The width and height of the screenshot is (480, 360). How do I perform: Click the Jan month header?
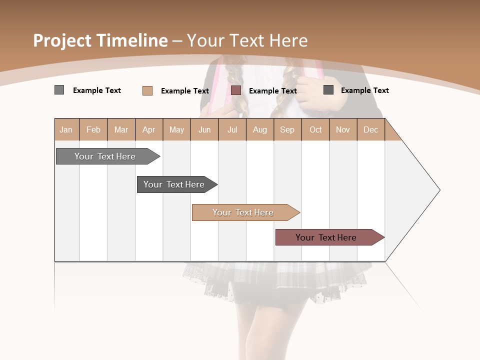tap(66, 129)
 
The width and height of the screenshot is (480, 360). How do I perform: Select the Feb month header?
tap(93, 129)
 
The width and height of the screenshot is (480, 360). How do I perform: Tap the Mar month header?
tap(121, 129)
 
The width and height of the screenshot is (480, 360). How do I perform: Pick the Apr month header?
tap(149, 129)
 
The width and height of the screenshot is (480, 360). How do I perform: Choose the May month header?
tap(176, 129)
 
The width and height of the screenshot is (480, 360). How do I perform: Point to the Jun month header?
tap(204, 129)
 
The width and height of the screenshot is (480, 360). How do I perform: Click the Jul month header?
tap(232, 129)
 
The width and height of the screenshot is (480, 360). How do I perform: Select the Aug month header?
tap(260, 129)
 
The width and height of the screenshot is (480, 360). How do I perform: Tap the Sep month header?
tap(287, 129)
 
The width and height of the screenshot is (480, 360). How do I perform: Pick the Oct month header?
tap(315, 129)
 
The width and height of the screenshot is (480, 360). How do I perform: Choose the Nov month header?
tap(343, 129)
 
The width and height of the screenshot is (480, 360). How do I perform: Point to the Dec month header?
tap(371, 129)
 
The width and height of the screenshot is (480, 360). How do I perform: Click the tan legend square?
tap(147, 90)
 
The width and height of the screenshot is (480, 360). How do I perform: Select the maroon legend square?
tap(236, 90)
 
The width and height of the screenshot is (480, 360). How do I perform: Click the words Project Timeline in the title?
tap(100, 40)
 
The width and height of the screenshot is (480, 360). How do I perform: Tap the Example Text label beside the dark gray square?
tap(364, 90)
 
